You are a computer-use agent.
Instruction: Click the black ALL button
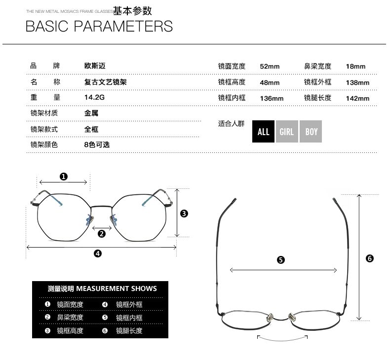[x=263, y=132]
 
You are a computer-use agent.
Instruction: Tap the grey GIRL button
[x=287, y=132]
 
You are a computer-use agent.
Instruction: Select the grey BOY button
[x=311, y=132]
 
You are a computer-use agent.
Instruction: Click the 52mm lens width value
[x=270, y=67]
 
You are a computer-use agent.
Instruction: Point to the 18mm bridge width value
[x=355, y=67]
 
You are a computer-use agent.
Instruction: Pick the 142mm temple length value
[x=357, y=98]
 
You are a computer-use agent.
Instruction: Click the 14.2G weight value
[x=94, y=97]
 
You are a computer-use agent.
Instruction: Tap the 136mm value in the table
[x=272, y=98]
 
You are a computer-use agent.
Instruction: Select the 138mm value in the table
[x=357, y=82]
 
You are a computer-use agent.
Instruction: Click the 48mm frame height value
[x=270, y=82]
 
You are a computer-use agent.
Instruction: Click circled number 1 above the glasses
[x=64, y=176]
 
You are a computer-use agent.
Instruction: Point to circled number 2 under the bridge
[x=102, y=233]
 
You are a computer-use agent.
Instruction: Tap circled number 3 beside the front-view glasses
[x=184, y=214]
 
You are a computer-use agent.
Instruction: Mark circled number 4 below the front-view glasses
[x=98, y=253]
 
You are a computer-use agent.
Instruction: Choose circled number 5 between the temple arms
[x=281, y=260]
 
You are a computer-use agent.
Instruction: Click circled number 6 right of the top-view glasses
[x=370, y=258]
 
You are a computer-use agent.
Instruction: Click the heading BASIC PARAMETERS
[x=99, y=26]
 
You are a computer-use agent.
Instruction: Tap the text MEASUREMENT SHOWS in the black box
[x=117, y=288]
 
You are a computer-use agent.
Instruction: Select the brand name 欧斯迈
[x=95, y=66]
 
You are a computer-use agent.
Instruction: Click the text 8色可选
[x=97, y=144]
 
